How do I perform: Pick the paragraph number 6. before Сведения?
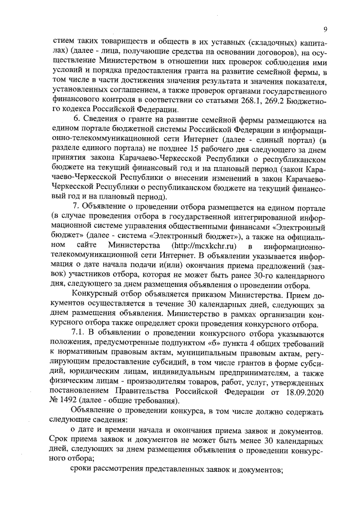[x=77, y=120]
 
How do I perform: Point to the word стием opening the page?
[x=62, y=42]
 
